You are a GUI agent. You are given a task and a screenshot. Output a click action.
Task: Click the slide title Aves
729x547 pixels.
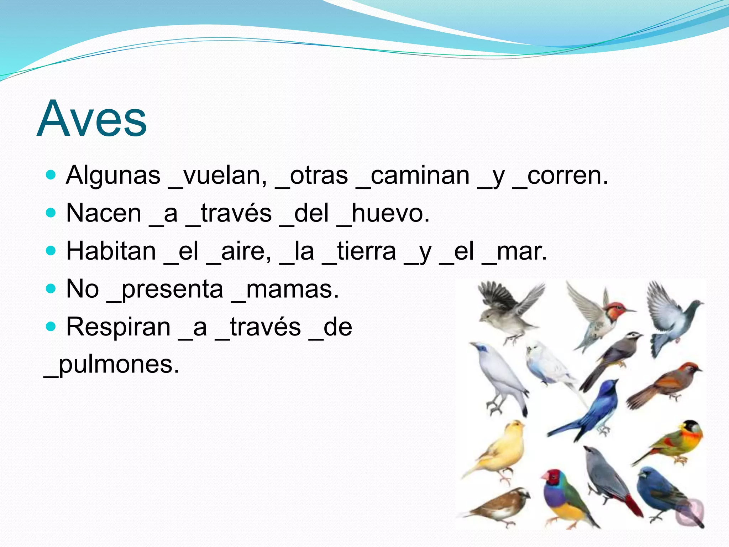click(x=92, y=119)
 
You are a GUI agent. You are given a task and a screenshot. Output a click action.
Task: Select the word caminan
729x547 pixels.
click(x=420, y=176)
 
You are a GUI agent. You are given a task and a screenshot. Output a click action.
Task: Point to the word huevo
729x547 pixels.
click(x=390, y=214)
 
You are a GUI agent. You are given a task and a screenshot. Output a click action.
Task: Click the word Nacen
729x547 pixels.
click(x=104, y=214)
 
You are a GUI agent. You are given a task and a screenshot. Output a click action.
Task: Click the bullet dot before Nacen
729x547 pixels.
click(x=51, y=213)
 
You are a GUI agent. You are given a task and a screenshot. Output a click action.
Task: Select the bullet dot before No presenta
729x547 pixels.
click(x=51, y=288)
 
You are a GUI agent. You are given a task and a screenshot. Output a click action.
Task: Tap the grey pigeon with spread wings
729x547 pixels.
click(x=669, y=317)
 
